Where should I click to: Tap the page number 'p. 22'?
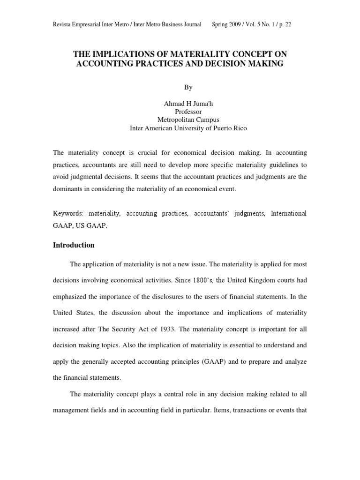285,25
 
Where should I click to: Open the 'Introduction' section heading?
74,245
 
